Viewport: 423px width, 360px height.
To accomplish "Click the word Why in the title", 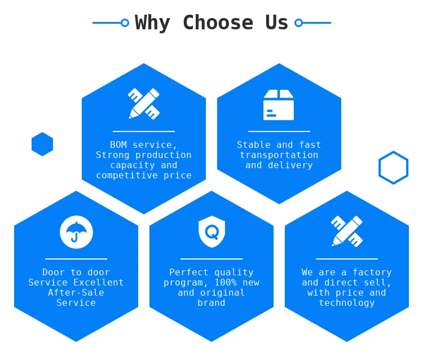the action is pyautogui.click(x=152, y=23).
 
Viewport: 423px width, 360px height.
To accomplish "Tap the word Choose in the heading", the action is pyautogui.click(x=218, y=22).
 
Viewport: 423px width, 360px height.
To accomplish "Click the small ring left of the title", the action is pyautogui.click(x=125, y=23).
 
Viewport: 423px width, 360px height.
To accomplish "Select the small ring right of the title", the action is pyautogui.click(x=298, y=23).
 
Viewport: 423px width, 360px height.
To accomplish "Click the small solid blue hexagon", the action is pyautogui.click(x=42, y=144).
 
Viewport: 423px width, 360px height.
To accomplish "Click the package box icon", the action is pyautogui.click(x=279, y=105).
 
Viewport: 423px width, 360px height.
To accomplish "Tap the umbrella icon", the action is pyautogui.click(x=76, y=232).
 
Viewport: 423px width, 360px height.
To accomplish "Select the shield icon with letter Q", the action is pyautogui.click(x=211, y=231).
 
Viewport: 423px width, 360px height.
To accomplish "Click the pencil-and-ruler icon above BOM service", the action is pyautogui.click(x=144, y=104).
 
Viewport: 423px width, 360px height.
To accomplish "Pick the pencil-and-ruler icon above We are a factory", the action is pyautogui.click(x=347, y=231).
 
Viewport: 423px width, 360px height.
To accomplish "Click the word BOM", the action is pyautogui.click(x=118, y=144).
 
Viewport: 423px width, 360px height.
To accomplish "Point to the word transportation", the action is pyautogui.click(x=279, y=155).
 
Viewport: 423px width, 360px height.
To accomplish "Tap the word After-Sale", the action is pyautogui.click(x=76, y=292).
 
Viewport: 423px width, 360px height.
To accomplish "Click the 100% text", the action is pyautogui.click(x=226, y=283).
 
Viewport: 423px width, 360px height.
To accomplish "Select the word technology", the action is pyautogui.click(x=347, y=303).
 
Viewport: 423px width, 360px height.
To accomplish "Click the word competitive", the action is pyautogui.click(x=127, y=175).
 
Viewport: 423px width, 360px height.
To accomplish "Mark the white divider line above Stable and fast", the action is pyautogui.click(x=279, y=131).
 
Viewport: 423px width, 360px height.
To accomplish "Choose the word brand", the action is pyautogui.click(x=211, y=303).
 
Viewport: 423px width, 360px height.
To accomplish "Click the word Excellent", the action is pyautogui.click(x=99, y=283).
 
